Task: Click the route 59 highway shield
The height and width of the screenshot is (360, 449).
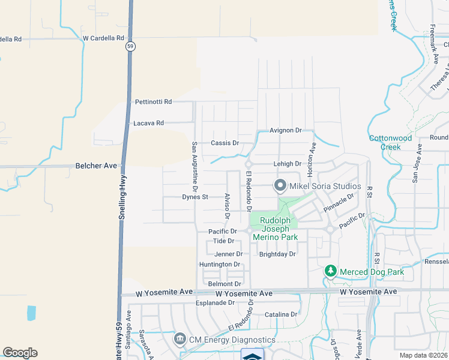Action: click(x=130, y=46)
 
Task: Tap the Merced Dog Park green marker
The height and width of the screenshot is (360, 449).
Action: click(x=330, y=272)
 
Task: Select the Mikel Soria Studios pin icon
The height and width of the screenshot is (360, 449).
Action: click(x=280, y=186)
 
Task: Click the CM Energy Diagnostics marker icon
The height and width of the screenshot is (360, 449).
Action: click(x=179, y=340)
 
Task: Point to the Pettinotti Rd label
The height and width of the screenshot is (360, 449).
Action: click(x=153, y=102)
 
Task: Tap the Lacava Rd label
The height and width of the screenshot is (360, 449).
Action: click(x=148, y=123)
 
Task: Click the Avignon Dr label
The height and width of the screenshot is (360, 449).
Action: click(x=285, y=130)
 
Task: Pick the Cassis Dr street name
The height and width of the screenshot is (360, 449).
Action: click(x=225, y=143)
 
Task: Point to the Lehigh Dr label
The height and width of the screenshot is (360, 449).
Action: click(x=286, y=164)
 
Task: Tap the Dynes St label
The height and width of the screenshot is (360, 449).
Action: click(x=195, y=197)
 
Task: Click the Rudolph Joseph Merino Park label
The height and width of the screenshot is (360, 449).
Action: click(x=274, y=229)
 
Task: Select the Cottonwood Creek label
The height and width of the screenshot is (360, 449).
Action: click(x=391, y=142)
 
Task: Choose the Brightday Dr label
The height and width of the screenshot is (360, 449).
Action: click(x=278, y=254)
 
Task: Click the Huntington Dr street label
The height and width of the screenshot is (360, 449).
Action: click(x=220, y=265)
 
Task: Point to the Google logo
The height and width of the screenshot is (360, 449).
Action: click(x=20, y=352)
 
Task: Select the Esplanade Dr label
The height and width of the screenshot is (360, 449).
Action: click(x=214, y=303)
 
